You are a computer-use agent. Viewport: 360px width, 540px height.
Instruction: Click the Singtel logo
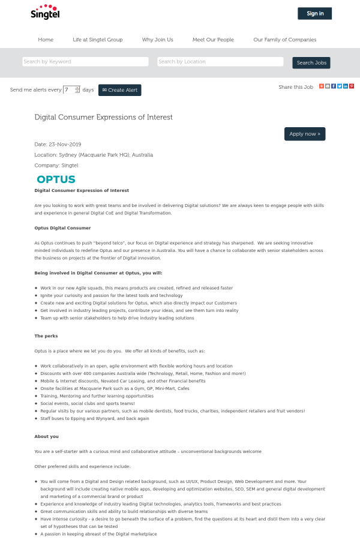click(x=45, y=12)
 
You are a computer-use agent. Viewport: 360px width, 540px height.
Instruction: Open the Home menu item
click(x=46, y=40)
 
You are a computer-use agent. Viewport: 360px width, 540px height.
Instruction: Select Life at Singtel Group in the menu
click(x=98, y=40)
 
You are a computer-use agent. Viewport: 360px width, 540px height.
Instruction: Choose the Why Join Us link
click(x=157, y=40)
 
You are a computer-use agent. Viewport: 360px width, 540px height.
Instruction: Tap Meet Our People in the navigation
click(x=213, y=40)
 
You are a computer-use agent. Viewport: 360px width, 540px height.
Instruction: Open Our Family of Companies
click(x=284, y=40)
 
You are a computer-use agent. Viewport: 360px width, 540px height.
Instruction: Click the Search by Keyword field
click(x=85, y=62)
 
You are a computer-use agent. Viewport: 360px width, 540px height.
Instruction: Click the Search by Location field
click(x=220, y=62)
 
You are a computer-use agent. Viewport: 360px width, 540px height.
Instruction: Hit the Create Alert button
click(x=120, y=90)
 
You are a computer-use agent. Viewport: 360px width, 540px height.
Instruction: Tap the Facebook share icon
click(x=334, y=86)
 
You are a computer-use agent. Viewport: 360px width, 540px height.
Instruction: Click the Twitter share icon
click(x=340, y=86)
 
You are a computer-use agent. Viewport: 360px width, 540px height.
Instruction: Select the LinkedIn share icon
click(x=346, y=86)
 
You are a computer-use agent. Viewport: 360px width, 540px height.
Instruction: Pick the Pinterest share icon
click(x=352, y=86)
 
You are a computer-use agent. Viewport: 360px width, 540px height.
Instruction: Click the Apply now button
click(x=305, y=134)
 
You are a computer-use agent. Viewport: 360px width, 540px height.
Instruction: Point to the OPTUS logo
click(x=56, y=179)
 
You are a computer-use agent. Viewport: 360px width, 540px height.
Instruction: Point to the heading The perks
click(x=46, y=336)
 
